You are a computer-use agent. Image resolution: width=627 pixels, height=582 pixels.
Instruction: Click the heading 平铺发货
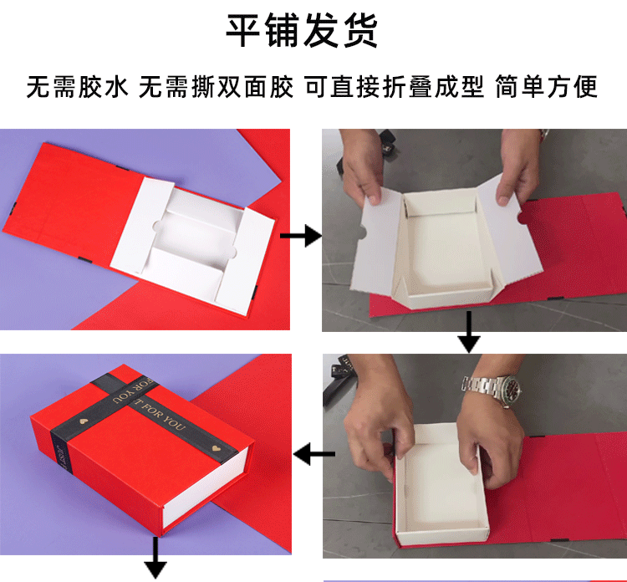point(302,31)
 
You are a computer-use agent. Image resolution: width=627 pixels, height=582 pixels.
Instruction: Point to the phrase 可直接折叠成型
point(394,87)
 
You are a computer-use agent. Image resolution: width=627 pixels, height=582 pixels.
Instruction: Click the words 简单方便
point(547,87)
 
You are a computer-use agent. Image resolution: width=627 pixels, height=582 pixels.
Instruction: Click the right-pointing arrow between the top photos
point(301,237)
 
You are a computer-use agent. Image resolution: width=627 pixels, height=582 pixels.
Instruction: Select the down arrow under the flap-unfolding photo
point(469,332)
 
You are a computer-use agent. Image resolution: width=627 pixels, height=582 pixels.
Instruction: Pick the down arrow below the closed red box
point(155,559)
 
